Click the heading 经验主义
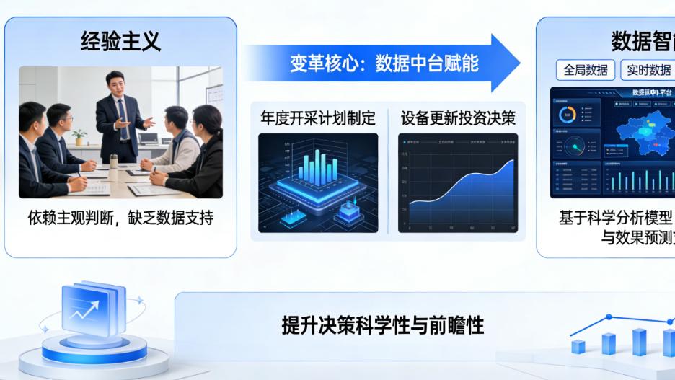coord(120,42)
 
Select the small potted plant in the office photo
coord(79,136)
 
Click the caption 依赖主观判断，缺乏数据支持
coord(120,217)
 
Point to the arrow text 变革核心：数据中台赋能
coord(384,63)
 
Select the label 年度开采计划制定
coord(319,118)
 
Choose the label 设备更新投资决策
coord(458,118)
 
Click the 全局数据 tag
coord(586,70)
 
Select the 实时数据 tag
coord(648,70)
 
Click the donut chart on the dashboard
coord(568,115)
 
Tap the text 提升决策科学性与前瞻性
coord(382,325)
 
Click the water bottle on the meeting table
coord(113,159)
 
